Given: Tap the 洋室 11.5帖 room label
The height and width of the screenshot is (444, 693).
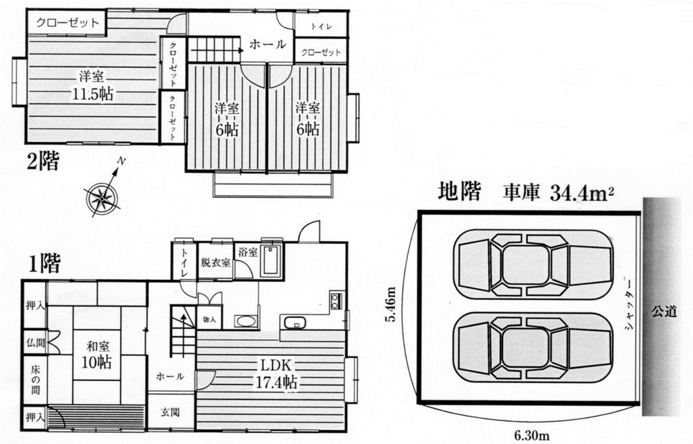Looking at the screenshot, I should point(92,84).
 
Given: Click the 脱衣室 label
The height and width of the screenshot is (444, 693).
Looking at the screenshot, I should point(216,263).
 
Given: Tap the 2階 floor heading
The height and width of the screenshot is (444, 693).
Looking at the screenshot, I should point(43,164).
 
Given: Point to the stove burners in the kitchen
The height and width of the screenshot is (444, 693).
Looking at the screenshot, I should point(335,301).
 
